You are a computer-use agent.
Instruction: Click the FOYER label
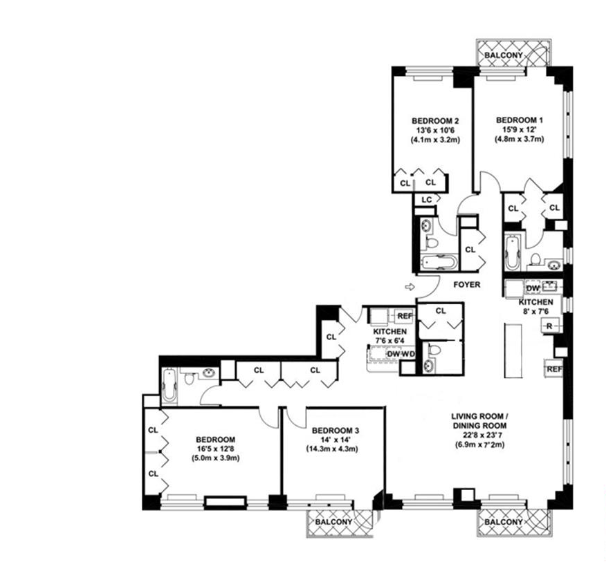467,285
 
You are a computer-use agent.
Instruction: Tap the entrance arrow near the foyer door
410,287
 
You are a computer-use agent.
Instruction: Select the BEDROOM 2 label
435,120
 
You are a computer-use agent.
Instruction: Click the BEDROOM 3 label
336,430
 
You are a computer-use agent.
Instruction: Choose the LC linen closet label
427,200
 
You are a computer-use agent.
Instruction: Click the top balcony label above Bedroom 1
504,55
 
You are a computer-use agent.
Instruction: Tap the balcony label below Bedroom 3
334,522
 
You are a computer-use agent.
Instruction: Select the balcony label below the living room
504,522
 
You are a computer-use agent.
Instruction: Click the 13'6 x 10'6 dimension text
435,130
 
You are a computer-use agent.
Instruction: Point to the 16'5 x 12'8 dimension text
216,449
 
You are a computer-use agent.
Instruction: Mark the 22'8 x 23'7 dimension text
479,436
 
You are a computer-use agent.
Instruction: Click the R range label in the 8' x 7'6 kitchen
549,326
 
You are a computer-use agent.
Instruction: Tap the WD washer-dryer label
408,355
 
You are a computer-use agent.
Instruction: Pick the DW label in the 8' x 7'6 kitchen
533,288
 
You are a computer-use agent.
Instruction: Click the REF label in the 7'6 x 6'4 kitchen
405,316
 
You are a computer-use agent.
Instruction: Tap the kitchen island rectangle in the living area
513,351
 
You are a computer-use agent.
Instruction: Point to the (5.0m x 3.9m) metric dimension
216,458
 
